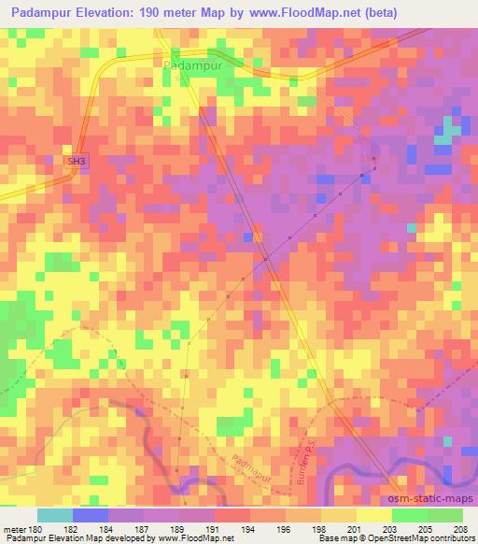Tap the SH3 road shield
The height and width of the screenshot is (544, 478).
76,161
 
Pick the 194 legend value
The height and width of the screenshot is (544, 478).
248,528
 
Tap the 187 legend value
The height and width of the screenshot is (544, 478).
142,528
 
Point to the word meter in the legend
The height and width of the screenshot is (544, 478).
15,528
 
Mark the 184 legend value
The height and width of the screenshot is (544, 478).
106,528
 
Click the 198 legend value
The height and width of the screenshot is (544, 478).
319,528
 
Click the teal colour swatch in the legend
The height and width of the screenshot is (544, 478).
54,515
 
